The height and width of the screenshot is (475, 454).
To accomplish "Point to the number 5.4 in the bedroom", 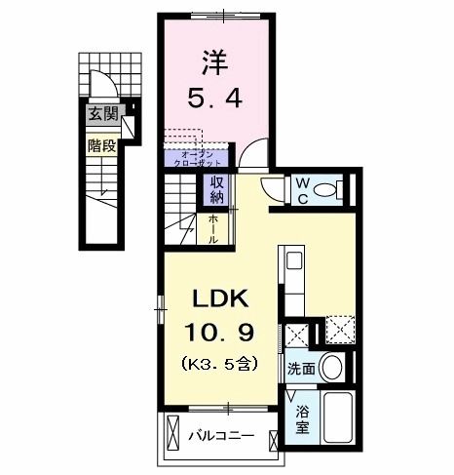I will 215,98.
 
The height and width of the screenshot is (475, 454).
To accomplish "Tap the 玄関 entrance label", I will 101,116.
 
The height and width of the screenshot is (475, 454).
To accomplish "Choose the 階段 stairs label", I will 101,146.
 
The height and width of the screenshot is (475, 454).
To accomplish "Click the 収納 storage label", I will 215,188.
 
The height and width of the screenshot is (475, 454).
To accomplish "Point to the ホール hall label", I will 213,229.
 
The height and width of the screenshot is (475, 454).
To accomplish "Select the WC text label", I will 303,187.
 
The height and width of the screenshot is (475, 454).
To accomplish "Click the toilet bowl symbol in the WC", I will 335,188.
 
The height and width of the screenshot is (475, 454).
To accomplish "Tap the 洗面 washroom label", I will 300,369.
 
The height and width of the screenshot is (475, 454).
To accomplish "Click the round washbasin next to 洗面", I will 333,368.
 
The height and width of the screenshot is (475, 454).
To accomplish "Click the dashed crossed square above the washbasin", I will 339,328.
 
